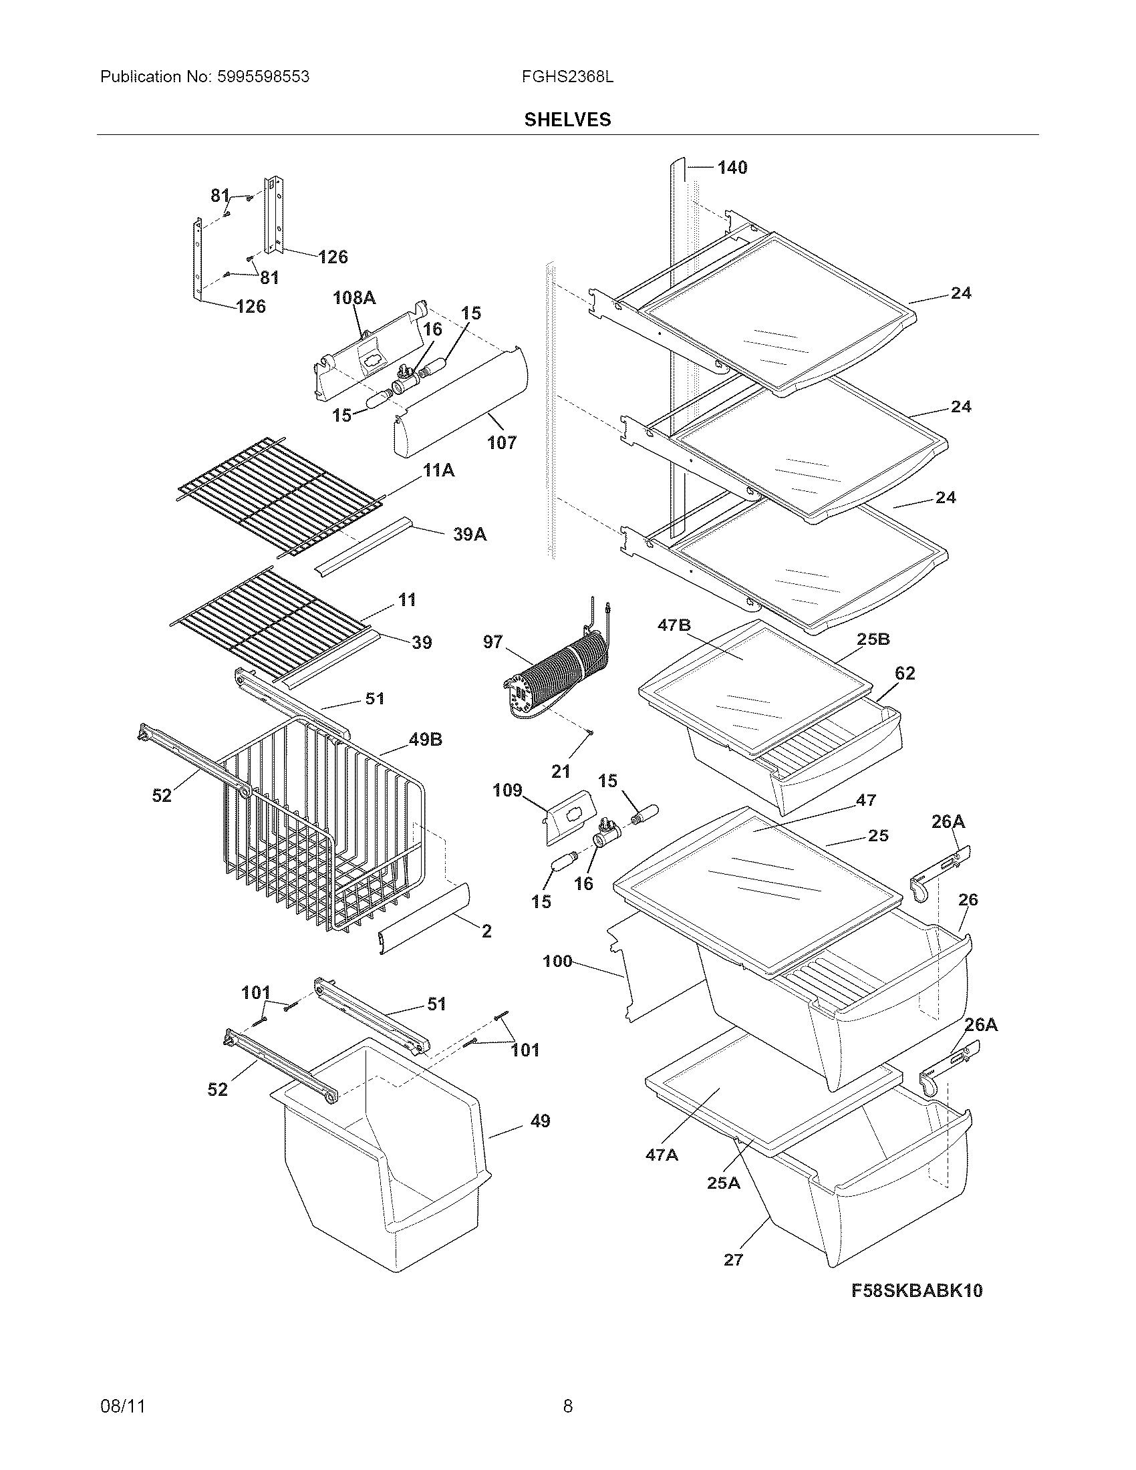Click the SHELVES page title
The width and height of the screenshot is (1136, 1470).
point(567,120)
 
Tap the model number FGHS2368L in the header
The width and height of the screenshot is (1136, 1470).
point(567,77)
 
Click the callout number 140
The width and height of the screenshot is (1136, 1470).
point(732,168)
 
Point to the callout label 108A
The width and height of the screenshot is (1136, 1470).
point(354,297)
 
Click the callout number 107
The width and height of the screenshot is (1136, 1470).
point(501,442)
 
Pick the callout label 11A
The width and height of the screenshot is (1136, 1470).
point(438,470)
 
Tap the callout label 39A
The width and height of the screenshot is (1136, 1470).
point(469,535)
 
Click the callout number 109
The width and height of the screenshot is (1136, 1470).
point(507,790)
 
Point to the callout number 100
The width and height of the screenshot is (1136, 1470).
point(557,961)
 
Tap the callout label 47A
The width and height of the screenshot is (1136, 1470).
point(662,1155)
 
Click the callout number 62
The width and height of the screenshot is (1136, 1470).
point(905,673)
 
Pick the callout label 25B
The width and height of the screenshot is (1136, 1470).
point(873,639)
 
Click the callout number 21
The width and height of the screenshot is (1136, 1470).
point(561,771)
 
